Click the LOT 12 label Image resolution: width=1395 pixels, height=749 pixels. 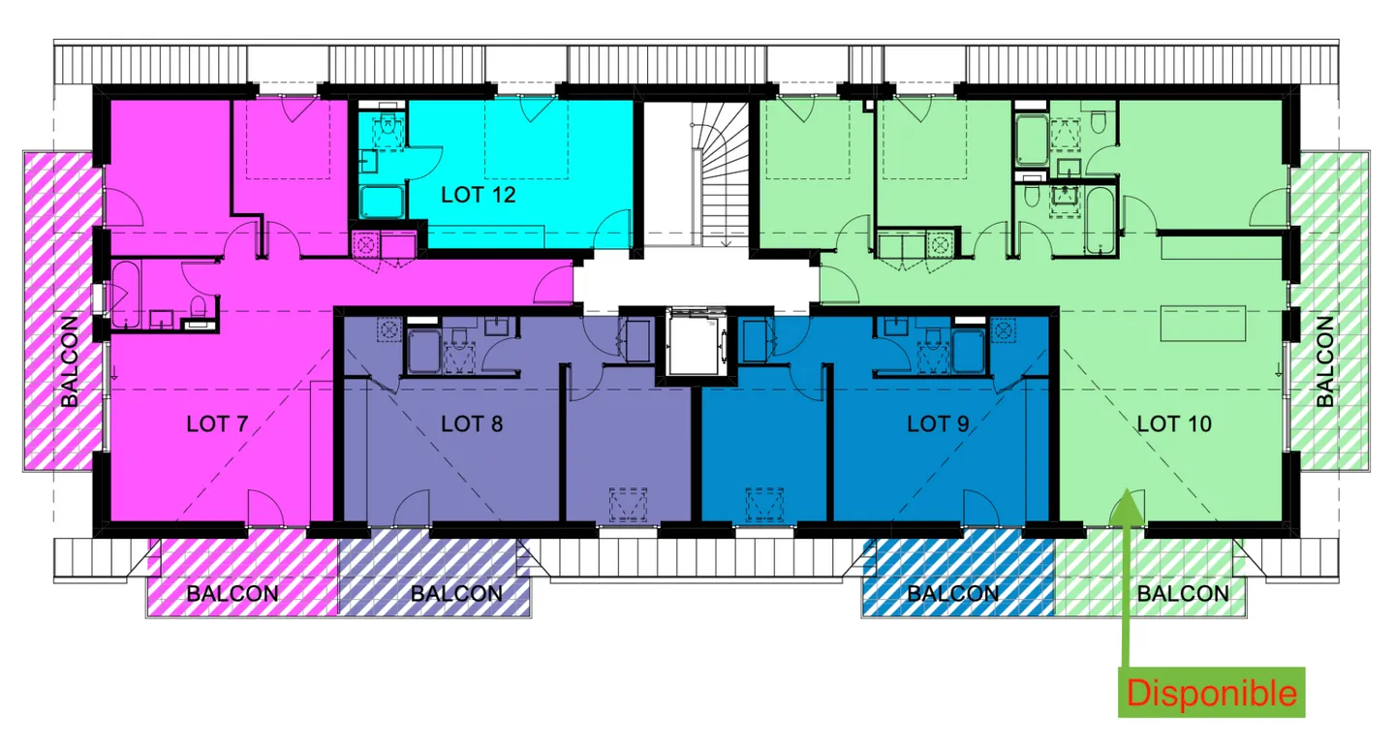pos(479,195)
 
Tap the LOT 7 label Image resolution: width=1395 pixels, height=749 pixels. pos(217,424)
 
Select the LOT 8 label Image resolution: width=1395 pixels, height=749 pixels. pos(472,424)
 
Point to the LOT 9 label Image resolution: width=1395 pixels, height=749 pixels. pos(938,424)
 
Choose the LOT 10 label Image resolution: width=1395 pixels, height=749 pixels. pos(1174,424)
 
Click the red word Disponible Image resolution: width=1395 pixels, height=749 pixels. pos(1211,694)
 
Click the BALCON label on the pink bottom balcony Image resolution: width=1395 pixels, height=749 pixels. pos(232,594)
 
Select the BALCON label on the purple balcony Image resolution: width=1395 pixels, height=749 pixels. pos(456,594)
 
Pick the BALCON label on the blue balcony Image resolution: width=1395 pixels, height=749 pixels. pos(953,594)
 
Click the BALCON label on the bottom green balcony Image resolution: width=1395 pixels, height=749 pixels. pos(1183,594)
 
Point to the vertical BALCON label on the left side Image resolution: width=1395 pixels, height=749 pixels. pos(70,361)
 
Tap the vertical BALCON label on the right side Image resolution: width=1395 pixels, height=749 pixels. pos(1325,361)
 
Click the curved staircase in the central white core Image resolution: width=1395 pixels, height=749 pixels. pos(720,174)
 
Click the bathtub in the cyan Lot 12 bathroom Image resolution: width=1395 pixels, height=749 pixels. pos(382,202)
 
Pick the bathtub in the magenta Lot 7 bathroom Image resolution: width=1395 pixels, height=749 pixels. pos(126,295)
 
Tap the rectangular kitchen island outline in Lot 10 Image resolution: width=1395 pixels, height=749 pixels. pos(1202,324)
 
